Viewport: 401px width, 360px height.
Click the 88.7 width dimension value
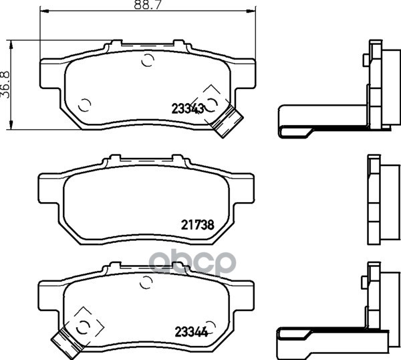pyautogui.click(x=148, y=5)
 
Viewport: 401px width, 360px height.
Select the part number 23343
pyautogui.click(x=188, y=109)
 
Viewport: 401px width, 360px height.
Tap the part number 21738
pyautogui.click(x=197, y=225)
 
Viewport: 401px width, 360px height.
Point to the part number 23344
pyautogui.click(x=191, y=332)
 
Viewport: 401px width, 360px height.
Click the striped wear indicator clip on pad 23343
pyautogui.click(x=227, y=122)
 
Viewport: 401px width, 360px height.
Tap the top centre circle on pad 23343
pyautogui.click(x=148, y=60)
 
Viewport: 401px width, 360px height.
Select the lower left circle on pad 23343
pyautogui.click(x=84, y=105)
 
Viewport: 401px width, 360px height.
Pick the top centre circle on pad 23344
pyautogui.click(x=146, y=282)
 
